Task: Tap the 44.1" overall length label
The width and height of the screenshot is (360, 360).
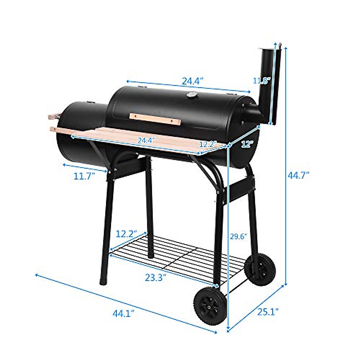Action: (123, 314)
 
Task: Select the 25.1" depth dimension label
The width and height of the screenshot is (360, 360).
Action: (268, 312)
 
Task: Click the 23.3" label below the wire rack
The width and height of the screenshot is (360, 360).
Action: (155, 277)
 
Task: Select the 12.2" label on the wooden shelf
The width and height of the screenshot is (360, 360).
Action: (208, 144)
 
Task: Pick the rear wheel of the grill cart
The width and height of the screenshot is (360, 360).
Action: (260, 269)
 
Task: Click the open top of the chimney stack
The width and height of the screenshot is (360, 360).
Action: (266, 49)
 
